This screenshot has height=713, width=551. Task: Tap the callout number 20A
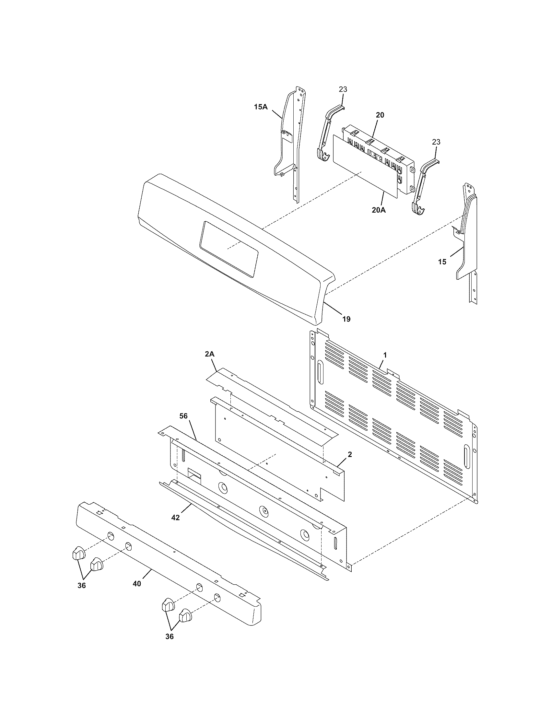click(x=379, y=210)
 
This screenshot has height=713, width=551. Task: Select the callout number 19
click(x=346, y=319)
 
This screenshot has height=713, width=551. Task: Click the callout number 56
click(x=184, y=415)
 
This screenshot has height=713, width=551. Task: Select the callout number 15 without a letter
click(x=442, y=262)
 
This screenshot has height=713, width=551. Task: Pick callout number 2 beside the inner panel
click(x=350, y=454)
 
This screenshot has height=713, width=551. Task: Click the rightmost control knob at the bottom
click(x=185, y=616)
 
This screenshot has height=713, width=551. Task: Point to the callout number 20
click(x=380, y=115)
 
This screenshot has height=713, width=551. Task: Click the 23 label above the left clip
click(x=343, y=89)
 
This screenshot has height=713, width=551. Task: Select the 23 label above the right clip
click(x=436, y=142)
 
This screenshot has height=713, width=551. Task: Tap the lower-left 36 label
click(x=82, y=585)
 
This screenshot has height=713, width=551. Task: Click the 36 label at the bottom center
click(x=170, y=645)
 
